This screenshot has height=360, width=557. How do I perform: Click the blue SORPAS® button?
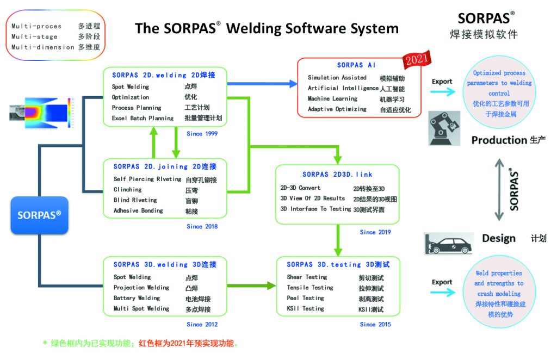coord(39,215)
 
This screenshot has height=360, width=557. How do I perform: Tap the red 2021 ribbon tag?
coord(417,59)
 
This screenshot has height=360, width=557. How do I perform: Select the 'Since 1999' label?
coord(202,134)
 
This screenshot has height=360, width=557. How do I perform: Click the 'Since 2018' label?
coord(202,227)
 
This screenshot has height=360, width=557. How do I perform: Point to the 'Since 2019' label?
coord(375,232)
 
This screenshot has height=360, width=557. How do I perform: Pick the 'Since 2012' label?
coord(202,325)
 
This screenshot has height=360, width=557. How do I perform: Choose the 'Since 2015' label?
coord(375,325)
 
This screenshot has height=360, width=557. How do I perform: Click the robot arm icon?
coord(444,128)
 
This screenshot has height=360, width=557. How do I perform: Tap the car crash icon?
coord(449,244)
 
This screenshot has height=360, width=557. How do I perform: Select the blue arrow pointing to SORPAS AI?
coord(262,84)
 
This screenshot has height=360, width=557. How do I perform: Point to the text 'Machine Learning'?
coord(332,98)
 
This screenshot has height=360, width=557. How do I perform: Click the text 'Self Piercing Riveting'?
coord(147,179)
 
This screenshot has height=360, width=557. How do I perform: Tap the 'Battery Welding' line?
coord(137,298)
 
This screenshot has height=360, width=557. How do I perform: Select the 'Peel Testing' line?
coord(306,298)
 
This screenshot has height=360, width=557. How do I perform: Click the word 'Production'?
coord(499,140)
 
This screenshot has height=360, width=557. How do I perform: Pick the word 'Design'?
coord(499,238)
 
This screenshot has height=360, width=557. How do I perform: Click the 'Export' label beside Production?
coord(442,82)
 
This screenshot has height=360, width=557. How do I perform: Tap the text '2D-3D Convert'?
coord(300,188)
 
